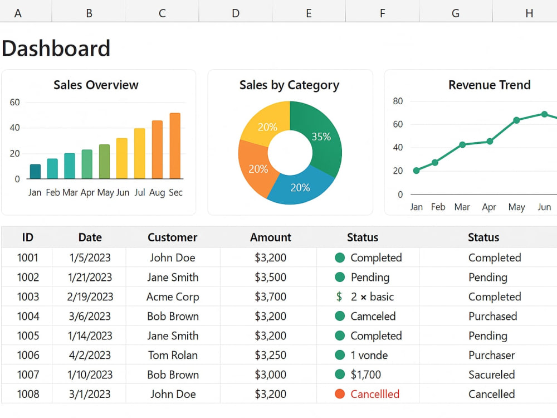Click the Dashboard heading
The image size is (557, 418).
click(56, 48)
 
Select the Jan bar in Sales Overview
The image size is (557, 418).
click(35, 171)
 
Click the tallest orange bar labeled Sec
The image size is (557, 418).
click(175, 145)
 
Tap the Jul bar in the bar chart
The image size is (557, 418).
click(140, 153)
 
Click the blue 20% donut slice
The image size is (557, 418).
click(300, 187)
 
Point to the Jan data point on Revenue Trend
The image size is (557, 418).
click(416, 171)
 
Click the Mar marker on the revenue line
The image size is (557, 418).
click(462, 145)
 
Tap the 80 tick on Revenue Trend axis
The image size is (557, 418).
click(398, 101)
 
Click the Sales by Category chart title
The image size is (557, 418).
click(289, 85)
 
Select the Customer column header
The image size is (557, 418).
click(172, 237)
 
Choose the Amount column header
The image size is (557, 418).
click(271, 237)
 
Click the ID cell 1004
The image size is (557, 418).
click(28, 317)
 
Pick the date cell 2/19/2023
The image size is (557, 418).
click(90, 297)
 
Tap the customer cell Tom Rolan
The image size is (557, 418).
click(173, 355)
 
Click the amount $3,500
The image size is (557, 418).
click(270, 277)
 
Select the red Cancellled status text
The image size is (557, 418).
click(375, 394)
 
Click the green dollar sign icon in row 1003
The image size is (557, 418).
click(339, 297)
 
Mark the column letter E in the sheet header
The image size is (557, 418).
click(309, 13)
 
